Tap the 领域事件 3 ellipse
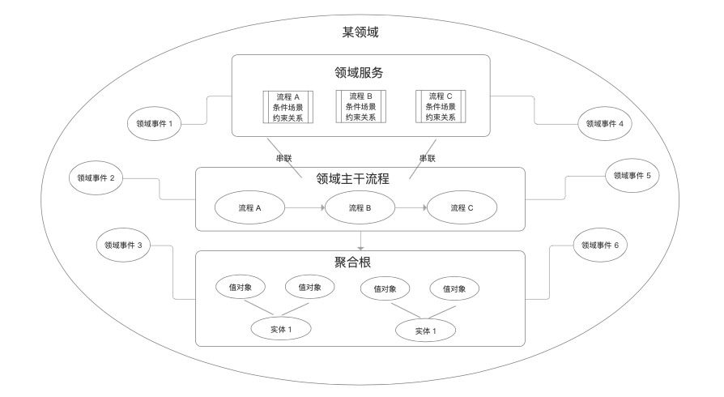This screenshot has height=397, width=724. pyautogui.click(x=123, y=245)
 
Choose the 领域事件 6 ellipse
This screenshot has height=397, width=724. pyautogui.click(x=600, y=245)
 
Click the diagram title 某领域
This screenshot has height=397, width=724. pyautogui.click(x=361, y=33)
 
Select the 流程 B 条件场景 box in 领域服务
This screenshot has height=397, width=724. pyautogui.click(x=360, y=106)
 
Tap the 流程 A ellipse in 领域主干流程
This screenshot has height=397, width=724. pyautogui.click(x=251, y=208)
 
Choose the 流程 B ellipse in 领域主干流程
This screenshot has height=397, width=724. pyautogui.click(x=360, y=208)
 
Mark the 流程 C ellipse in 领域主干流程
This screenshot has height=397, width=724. pyautogui.click(x=462, y=208)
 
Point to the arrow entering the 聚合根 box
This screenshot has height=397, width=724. pyautogui.click(x=360, y=241)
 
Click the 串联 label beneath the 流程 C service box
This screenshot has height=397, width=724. pyautogui.click(x=427, y=157)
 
